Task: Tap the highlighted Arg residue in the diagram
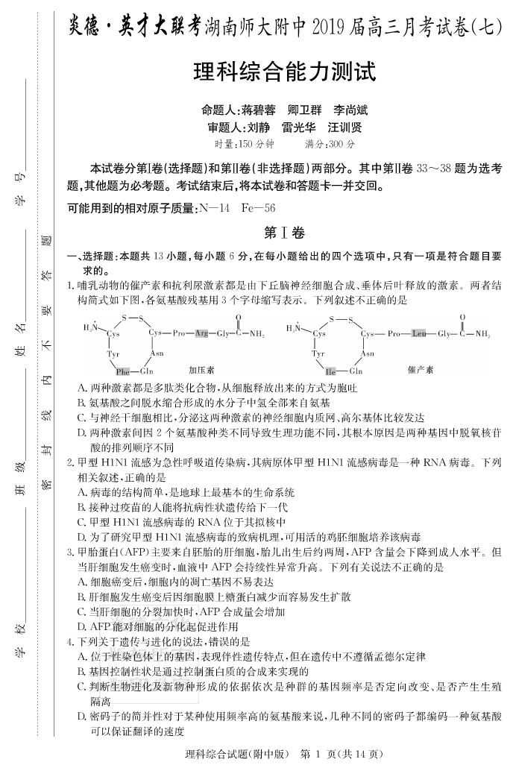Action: (201, 333)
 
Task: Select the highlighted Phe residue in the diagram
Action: (122, 371)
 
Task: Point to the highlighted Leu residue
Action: (418, 333)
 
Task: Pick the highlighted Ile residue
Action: (331, 371)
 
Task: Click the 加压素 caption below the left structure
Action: (201, 369)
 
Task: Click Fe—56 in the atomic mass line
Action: (259, 208)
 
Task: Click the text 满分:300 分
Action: (330, 144)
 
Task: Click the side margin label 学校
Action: (22, 641)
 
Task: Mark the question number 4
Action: (70, 641)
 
